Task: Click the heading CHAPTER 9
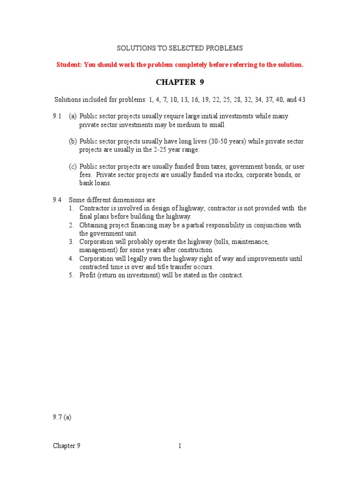pos(180,82)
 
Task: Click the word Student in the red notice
pos(69,65)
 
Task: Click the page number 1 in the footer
pos(180,446)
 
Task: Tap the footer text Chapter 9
pos(67,446)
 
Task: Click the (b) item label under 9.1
pos(73,141)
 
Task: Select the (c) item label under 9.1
pos(73,166)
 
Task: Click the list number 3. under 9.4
pos(71,242)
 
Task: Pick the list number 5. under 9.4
pos(71,275)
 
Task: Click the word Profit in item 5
pos(88,275)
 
